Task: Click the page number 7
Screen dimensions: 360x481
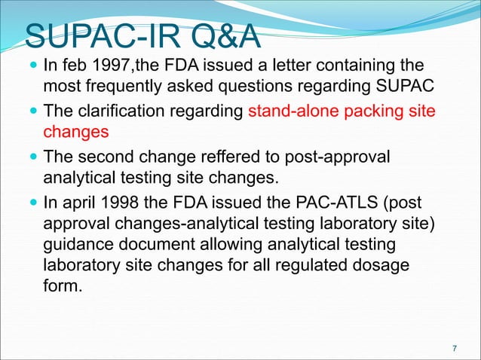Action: [454, 348]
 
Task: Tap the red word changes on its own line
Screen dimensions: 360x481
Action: [75, 133]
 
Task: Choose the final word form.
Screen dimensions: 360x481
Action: [60, 285]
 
